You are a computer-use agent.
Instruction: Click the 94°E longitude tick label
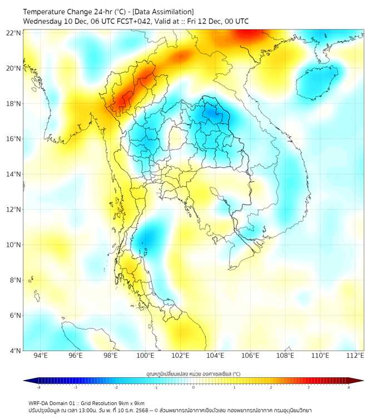coord(41,356)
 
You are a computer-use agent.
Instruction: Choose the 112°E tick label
coord(355,356)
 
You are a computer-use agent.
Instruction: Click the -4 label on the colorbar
coord(38,387)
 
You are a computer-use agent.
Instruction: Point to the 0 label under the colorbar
coord(194,387)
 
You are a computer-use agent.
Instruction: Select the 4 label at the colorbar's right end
coord(349,387)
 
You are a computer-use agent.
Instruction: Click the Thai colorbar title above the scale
coord(193,373)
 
